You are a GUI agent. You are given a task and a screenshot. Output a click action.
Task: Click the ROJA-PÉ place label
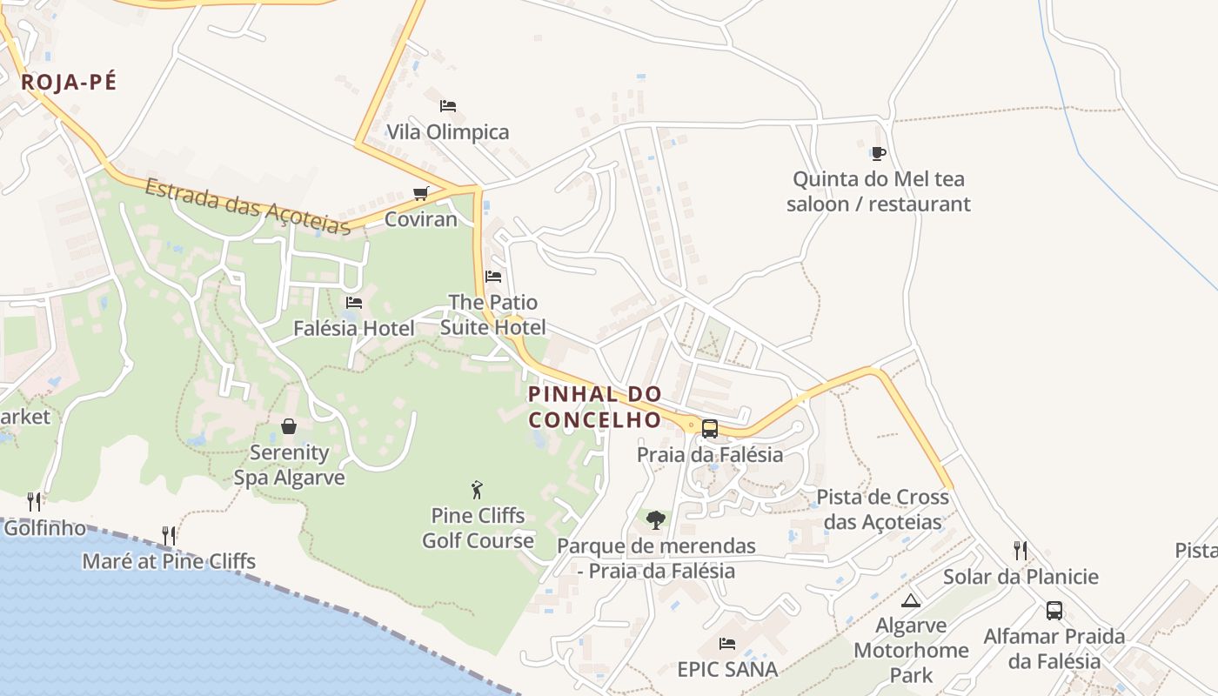click(69, 83)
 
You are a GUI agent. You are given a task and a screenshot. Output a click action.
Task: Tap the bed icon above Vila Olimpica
click(448, 106)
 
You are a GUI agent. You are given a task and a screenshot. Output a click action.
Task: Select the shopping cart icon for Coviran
click(421, 193)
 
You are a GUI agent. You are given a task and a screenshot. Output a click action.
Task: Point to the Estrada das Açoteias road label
click(248, 206)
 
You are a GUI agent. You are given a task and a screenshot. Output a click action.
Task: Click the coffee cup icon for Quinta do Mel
click(878, 154)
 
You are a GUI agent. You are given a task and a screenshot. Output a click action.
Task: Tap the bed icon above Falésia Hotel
click(354, 303)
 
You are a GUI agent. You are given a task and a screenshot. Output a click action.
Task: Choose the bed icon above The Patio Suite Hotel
click(493, 277)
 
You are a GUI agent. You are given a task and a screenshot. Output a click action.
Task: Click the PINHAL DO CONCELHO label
click(595, 406)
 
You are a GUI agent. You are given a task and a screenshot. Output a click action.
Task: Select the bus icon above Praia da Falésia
click(710, 428)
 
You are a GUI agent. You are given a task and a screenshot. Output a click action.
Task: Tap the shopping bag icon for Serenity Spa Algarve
click(289, 426)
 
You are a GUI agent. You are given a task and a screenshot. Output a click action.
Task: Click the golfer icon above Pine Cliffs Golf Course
click(477, 490)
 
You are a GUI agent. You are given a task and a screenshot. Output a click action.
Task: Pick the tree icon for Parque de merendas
click(656, 520)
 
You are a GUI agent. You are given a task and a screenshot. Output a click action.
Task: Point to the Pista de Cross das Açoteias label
click(882, 510)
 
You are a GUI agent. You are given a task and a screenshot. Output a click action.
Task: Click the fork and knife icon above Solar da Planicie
click(1021, 550)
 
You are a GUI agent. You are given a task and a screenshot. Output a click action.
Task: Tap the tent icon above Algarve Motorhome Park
click(910, 600)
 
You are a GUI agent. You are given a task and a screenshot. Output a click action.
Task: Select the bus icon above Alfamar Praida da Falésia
click(1054, 611)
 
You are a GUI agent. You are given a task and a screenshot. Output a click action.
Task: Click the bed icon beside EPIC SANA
click(727, 644)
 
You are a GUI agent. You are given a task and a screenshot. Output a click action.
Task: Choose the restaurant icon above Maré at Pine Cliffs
click(169, 535)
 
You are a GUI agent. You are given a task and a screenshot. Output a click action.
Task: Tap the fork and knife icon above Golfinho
click(34, 501)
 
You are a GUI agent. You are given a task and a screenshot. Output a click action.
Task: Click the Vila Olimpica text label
click(448, 132)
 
